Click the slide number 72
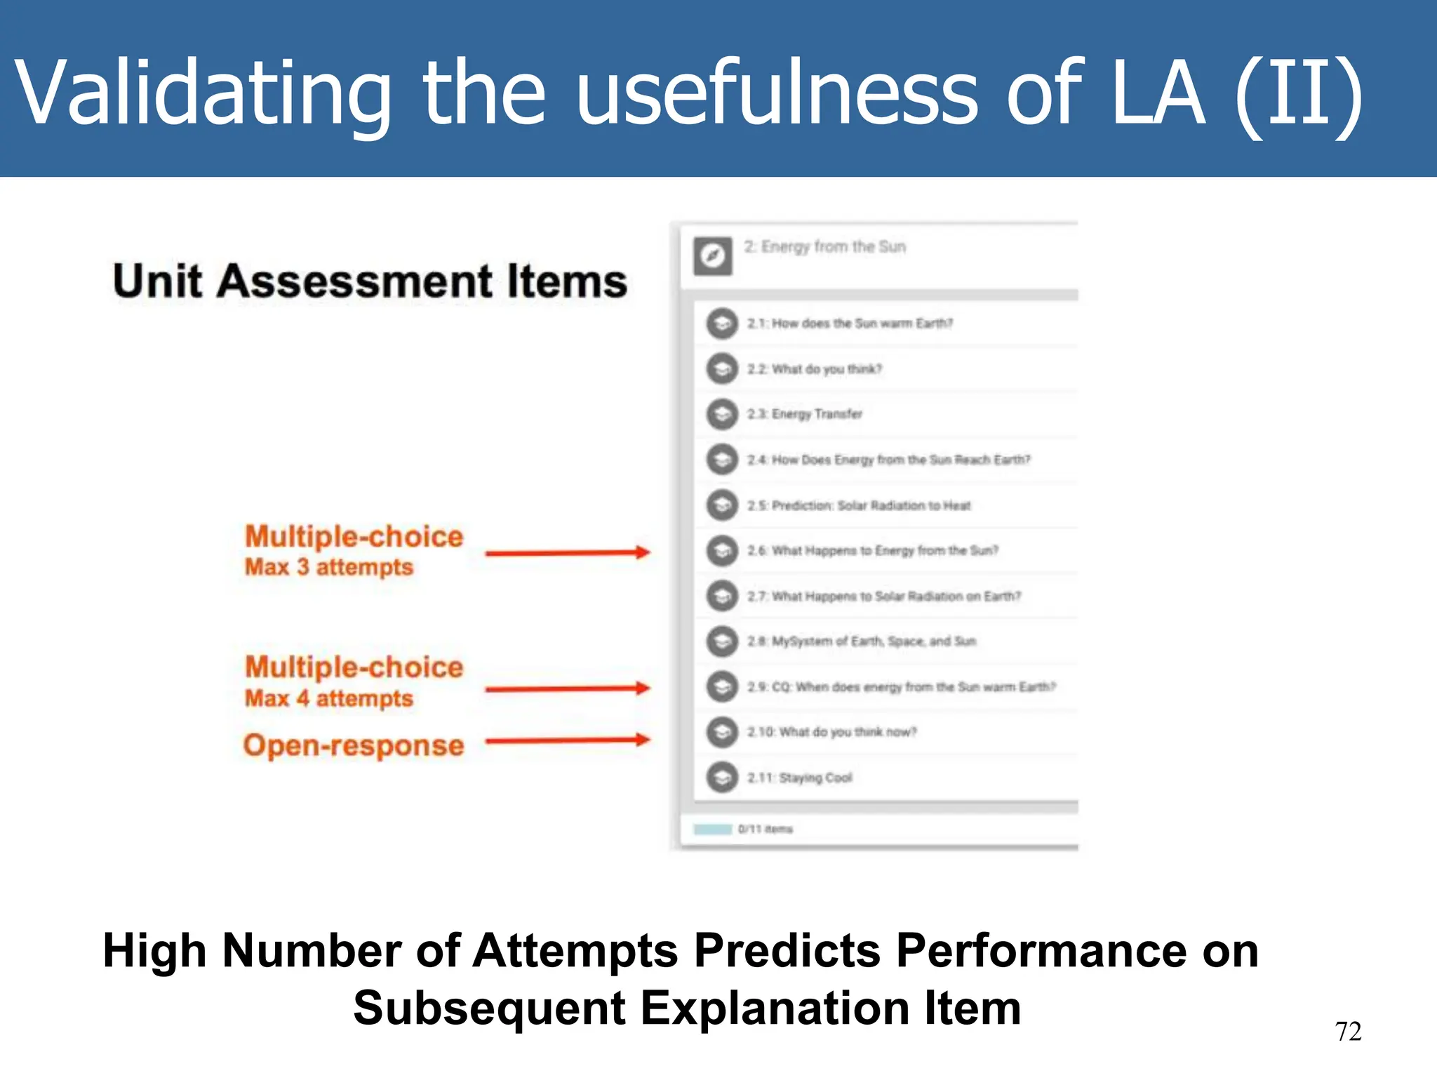1347,1031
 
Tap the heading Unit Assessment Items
370,281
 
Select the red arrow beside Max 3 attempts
567,553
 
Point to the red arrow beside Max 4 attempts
567,688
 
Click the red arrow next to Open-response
567,740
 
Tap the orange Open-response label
354,745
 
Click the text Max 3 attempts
328,567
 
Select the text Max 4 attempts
328,698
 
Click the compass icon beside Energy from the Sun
712,256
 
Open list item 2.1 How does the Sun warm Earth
850,324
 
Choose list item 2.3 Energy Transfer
804,414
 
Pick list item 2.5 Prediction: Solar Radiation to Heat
859,505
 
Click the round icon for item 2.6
721,550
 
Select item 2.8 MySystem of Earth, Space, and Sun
862,641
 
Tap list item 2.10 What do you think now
832,732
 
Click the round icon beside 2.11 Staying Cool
721,777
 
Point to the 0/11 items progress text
765,829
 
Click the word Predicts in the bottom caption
787,951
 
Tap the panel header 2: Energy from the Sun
824,247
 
